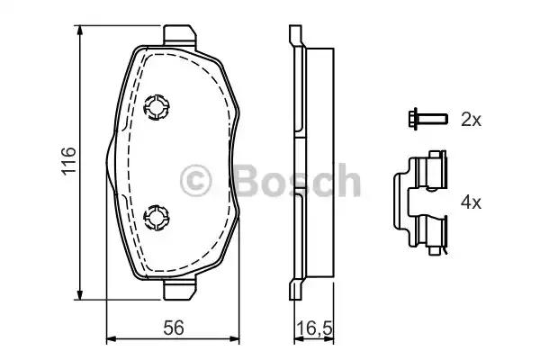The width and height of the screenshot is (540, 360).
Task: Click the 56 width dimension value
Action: click(174, 329)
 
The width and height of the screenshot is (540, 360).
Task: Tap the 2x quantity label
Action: click(470, 118)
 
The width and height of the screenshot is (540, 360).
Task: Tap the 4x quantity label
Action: click(470, 202)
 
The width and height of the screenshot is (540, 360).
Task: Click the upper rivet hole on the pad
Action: click(157, 108)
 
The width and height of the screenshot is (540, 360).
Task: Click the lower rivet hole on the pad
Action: click(157, 215)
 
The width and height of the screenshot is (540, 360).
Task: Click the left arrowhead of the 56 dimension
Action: click(111, 340)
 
